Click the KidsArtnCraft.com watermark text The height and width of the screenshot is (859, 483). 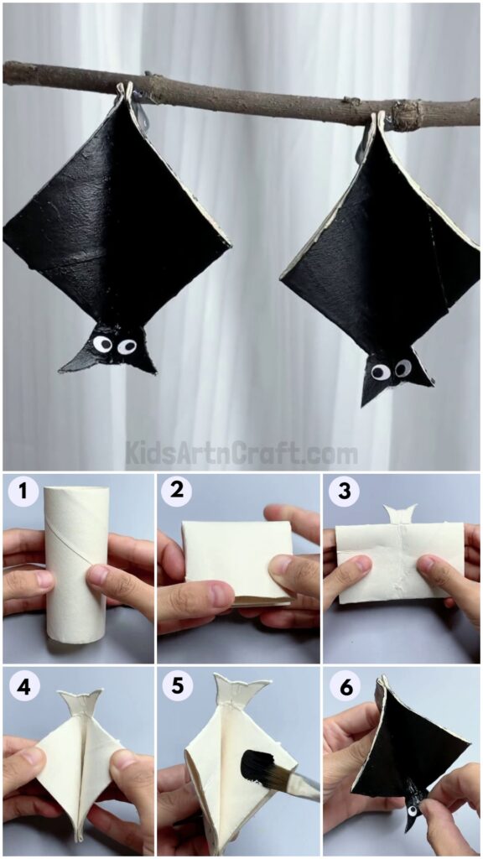pos(241,454)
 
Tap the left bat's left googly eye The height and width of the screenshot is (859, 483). pos(102,344)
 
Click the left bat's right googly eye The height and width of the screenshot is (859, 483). pos(127,346)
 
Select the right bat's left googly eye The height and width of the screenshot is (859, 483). pos(381,372)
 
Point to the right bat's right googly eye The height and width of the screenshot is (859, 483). pos(403,367)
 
